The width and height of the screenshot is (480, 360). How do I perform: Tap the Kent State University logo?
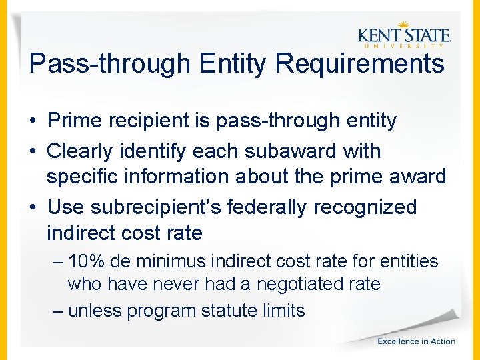pyautogui.click(x=404, y=35)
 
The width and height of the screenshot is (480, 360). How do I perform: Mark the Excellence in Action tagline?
pyautogui.click(x=416, y=341)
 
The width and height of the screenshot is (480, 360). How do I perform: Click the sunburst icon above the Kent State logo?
pyautogui.click(x=402, y=25)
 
